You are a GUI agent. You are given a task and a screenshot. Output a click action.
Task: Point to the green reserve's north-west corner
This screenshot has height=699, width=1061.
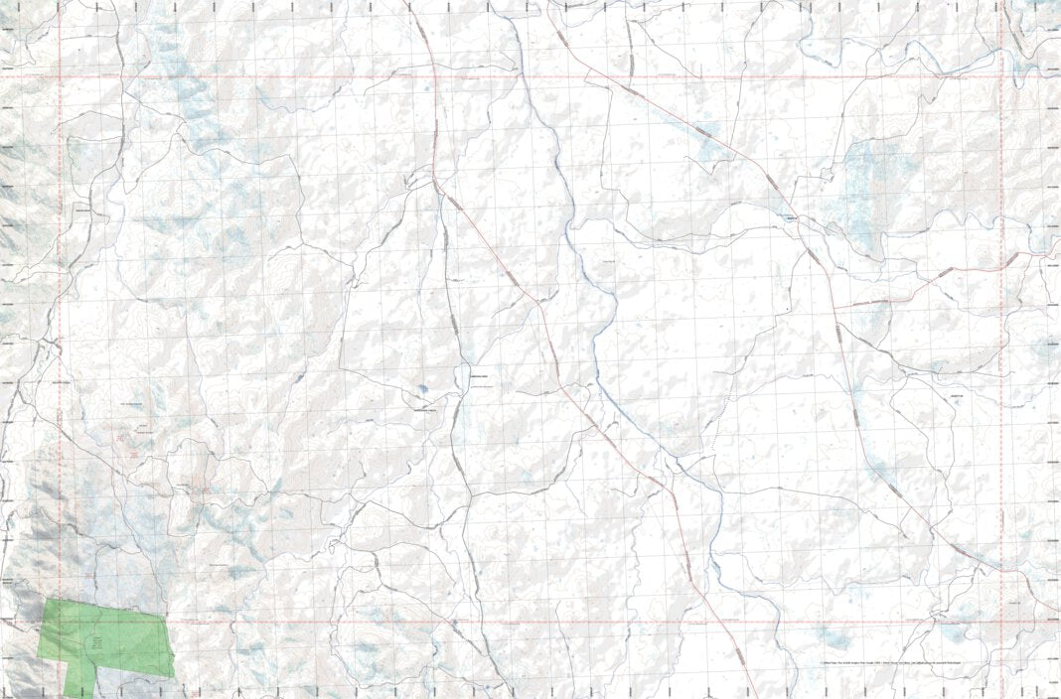pyautogui.click(x=46, y=600)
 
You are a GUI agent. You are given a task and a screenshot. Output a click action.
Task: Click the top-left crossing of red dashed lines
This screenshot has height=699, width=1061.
pyautogui.click(x=60, y=76)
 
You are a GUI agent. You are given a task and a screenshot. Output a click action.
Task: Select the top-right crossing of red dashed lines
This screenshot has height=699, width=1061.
pyautogui.click(x=1001, y=76)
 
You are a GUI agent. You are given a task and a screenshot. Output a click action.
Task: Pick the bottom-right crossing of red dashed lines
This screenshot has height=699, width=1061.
pyautogui.click(x=1001, y=623)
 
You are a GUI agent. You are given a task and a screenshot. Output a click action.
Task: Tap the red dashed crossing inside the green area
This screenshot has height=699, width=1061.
pyautogui.click(x=60, y=623)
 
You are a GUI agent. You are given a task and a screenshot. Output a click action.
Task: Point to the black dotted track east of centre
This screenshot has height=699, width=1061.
pyautogui.click(x=717, y=417)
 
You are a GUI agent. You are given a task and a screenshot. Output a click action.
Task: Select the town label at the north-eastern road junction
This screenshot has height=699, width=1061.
pyautogui.click(x=792, y=220)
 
